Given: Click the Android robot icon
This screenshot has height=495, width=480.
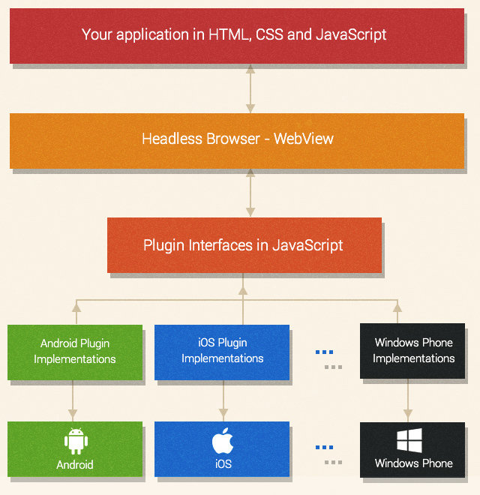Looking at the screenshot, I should click(x=75, y=441).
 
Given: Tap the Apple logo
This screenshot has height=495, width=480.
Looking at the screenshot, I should click(x=223, y=441).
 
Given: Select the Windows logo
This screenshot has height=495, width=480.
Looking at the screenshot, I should click(x=409, y=441).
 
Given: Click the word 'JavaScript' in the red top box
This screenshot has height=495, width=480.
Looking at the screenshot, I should click(x=351, y=34).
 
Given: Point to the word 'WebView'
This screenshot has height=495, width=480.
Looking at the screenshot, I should click(x=304, y=139).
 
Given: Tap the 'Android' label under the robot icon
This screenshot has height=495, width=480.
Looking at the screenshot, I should click(x=75, y=465).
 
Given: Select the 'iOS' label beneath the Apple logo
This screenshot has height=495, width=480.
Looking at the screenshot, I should click(x=223, y=464).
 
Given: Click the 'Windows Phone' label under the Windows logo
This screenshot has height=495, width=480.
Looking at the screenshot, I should click(x=413, y=463).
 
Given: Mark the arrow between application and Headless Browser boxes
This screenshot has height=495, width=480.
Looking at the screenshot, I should click(x=250, y=88).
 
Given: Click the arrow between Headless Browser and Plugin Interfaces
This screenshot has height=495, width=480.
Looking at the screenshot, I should click(x=250, y=193).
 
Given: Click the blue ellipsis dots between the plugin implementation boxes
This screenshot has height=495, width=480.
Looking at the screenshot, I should click(x=324, y=352).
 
